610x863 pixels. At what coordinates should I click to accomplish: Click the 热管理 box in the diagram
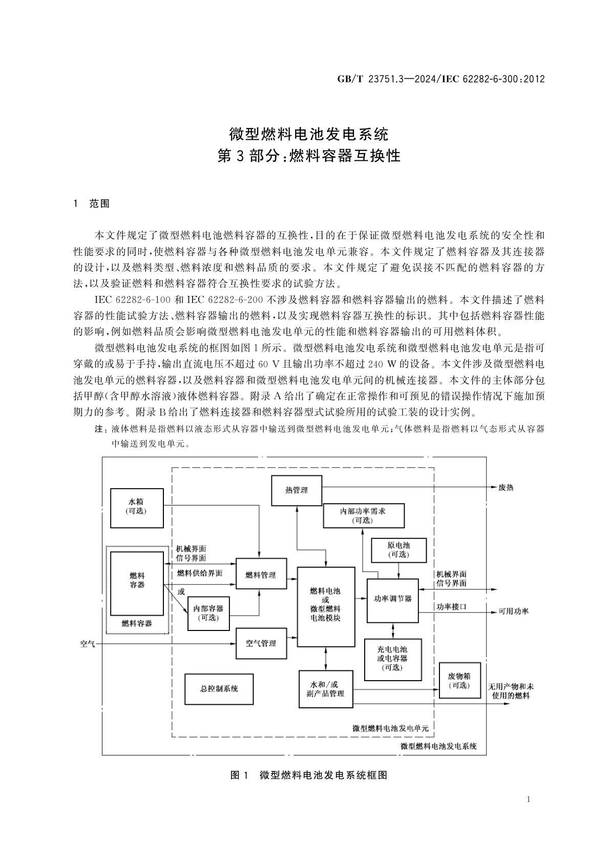297,490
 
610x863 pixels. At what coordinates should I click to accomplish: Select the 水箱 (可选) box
137,506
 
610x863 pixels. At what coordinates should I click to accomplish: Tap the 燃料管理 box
261,575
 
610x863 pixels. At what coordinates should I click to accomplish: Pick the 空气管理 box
261,643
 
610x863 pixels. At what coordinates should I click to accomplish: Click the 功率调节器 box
393,598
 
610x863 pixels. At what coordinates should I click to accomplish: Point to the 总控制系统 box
219,688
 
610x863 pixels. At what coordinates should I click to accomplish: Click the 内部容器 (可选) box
208,613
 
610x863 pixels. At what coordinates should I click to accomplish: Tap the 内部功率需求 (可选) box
363,515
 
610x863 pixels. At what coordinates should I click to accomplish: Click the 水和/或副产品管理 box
325,689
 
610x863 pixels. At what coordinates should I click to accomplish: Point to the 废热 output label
506,488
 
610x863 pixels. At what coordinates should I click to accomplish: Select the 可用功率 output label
514,612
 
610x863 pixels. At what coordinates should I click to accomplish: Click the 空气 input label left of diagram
88,643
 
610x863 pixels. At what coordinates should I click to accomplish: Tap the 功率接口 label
451,607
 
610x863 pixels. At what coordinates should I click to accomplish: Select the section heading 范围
99,203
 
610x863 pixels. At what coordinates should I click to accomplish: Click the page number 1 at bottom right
528,800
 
